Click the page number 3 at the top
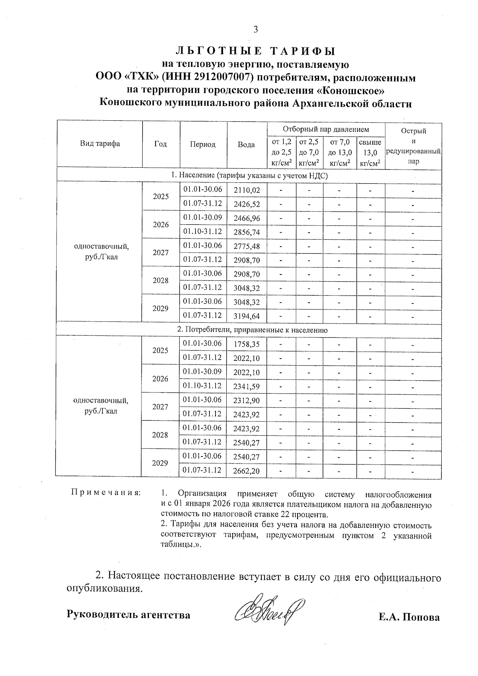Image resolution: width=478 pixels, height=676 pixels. (x=255, y=29)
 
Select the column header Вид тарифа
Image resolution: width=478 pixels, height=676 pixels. (x=100, y=144)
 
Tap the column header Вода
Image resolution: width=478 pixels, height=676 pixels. (x=246, y=145)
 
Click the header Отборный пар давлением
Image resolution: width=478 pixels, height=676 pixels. (x=325, y=129)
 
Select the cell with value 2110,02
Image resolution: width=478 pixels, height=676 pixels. (x=247, y=190)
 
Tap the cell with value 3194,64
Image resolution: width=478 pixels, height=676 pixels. (x=247, y=317)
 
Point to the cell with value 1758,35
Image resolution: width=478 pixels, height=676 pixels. (x=247, y=344)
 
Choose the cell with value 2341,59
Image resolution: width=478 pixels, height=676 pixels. (x=247, y=386)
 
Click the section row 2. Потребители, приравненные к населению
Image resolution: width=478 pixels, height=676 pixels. (x=252, y=330)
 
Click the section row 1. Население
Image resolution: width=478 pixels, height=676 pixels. (x=249, y=175)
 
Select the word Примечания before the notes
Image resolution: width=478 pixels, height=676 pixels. (x=106, y=492)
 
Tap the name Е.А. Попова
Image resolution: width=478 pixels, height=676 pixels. (x=409, y=617)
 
